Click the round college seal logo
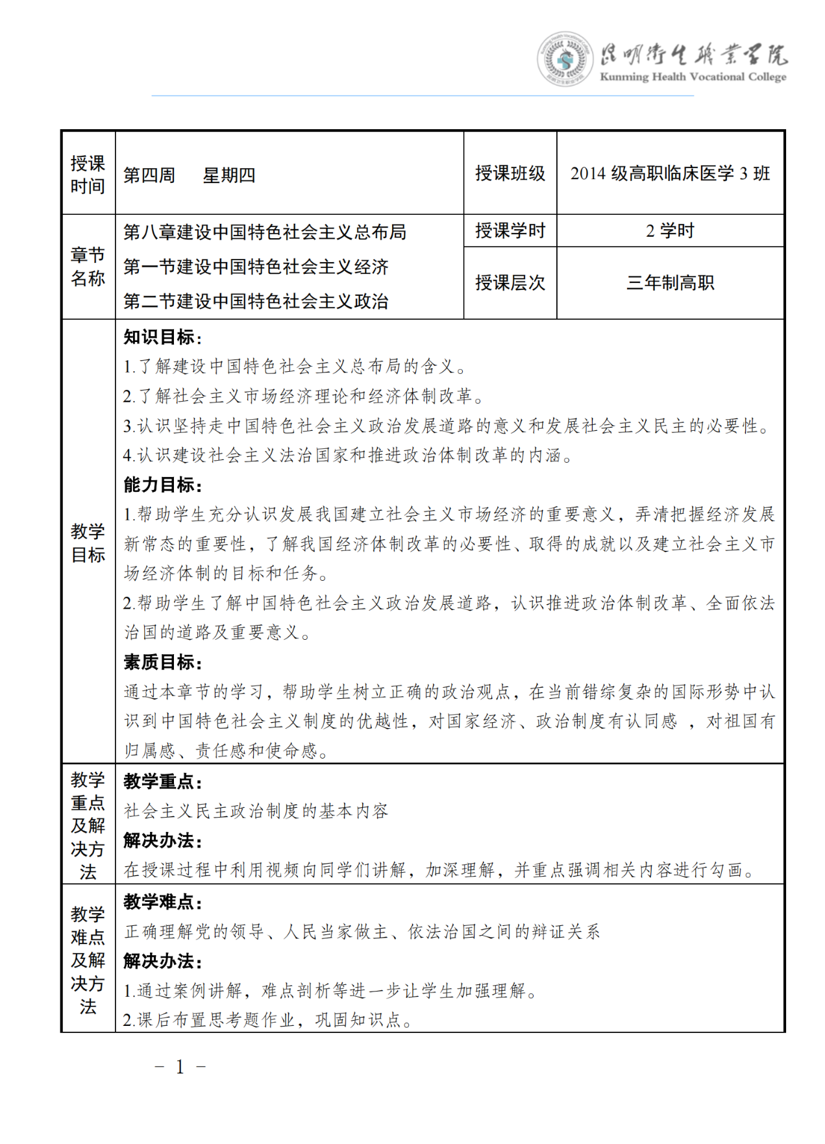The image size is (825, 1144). tap(565, 59)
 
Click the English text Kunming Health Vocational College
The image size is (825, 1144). tap(693, 77)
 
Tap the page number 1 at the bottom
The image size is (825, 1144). tap(180, 1067)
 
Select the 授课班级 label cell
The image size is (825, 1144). tap(510, 173)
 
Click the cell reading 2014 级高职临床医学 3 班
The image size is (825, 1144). tap(670, 173)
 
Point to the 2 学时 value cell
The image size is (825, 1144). tap(670, 230)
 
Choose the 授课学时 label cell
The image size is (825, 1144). tap(510, 230)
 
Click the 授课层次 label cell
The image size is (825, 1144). tap(510, 283)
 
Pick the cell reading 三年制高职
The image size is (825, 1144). tap(670, 283)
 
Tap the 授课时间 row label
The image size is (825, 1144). tap(88, 175)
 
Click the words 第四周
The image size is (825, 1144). tap(149, 175)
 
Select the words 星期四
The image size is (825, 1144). tap(229, 175)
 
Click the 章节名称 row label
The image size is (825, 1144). tap(88, 267)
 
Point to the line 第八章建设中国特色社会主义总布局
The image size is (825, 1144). tap(265, 232)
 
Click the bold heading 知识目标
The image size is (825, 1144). tap(163, 337)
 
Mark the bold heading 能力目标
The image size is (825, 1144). tap(163, 485)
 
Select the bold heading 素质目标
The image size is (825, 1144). tap(163, 663)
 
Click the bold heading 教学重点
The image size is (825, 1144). tap(163, 781)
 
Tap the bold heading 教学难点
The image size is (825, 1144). tap(163, 902)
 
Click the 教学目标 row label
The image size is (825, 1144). tap(88, 542)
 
